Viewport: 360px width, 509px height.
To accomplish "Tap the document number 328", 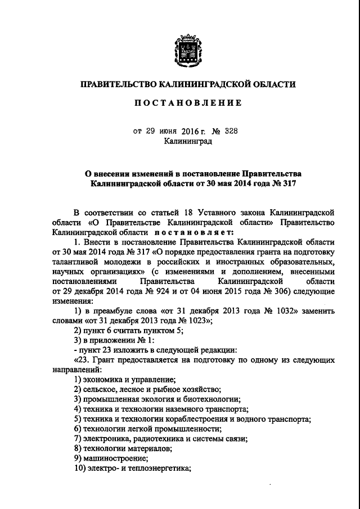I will point(231,132).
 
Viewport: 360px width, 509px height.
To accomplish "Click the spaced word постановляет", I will point(191,231).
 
